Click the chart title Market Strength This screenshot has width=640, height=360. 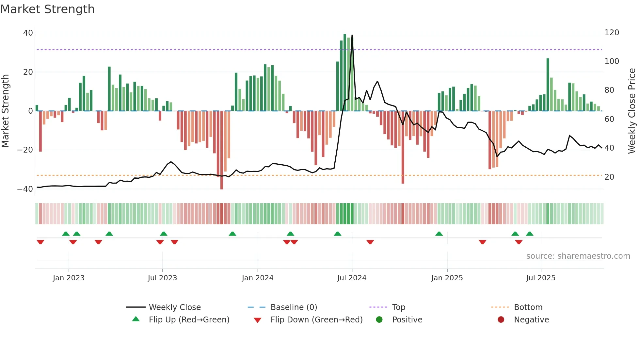click(47, 9)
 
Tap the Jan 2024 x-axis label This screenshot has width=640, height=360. click(257, 278)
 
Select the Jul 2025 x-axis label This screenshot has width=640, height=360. click(540, 278)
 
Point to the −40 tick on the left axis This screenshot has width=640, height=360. click(25, 189)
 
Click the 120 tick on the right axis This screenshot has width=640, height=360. click(612, 33)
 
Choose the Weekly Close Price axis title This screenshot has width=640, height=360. click(632, 111)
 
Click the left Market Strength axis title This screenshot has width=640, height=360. click(6, 111)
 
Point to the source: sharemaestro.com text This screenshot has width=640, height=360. click(578, 256)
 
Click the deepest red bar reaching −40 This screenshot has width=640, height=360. click(222, 150)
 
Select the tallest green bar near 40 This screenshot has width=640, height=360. click(345, 72)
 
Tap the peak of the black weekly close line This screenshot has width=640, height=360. click(352, 35)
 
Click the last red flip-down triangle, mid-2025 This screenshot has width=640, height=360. click(519, 242)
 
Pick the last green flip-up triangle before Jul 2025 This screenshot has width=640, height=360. click(530, 234)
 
